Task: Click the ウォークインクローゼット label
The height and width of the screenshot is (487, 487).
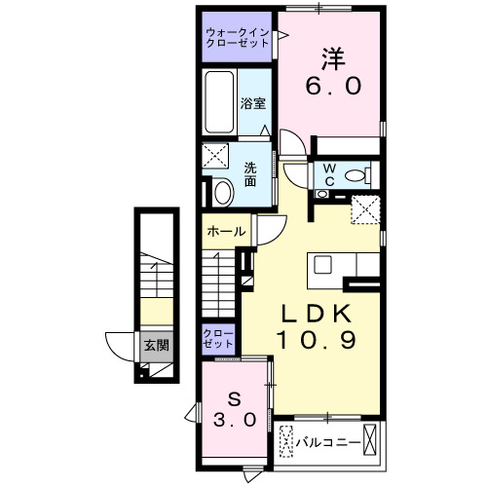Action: click(238, 38)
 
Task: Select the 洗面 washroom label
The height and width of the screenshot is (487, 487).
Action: click(250, 172)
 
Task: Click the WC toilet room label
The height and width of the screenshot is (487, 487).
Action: click(328, 175)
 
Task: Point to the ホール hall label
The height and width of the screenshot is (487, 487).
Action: click(225, 232)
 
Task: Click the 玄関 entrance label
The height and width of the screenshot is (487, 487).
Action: click(156, 345)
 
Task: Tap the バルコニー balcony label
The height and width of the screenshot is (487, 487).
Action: click(327, 442)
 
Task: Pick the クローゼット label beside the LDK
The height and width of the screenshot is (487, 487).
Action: click(219, 339)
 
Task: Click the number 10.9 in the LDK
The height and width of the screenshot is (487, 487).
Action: click(314, 342)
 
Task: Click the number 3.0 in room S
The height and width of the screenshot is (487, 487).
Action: click(235, 422)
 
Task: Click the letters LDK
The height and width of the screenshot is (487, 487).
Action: click(314, 314)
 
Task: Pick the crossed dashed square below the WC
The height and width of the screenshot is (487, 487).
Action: click(367, 207)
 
